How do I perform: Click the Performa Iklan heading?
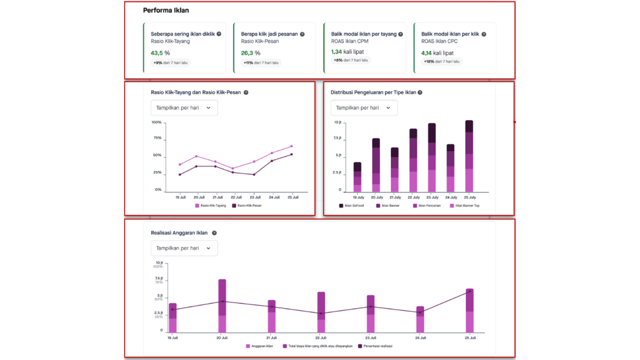[x=166, y=10]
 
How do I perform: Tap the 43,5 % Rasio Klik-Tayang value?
[x=160, y=52]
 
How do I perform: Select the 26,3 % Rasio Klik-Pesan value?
[x=250, y=52]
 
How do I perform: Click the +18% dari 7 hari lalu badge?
[x=442, y=62]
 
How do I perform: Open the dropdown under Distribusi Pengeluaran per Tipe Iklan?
[x=364, y=107]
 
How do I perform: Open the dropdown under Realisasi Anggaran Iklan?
[x=184, y=248]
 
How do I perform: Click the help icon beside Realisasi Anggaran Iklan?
[x=214, y=233]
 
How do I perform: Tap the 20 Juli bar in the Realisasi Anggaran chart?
[x=222, y=305]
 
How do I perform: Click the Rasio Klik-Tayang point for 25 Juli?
[x=291, y=146]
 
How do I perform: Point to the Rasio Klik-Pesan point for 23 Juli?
[x=254, y=174]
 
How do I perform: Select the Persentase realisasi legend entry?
[x=375, y=346]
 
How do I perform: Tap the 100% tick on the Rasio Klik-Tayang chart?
[x=156, y=122]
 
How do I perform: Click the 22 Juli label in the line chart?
[x=236, y=197]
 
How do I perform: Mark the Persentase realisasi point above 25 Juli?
[x=469, y=291]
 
